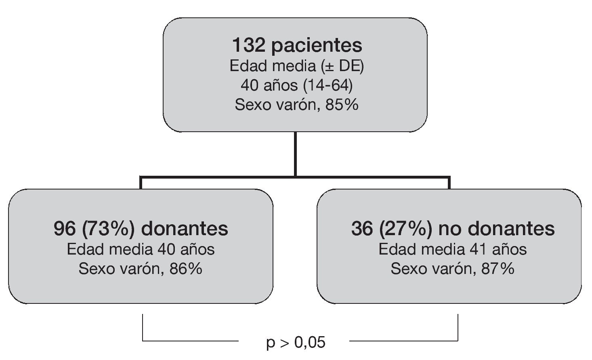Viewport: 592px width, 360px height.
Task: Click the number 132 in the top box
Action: coord(248,45)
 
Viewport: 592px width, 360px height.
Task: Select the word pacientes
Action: coord(317,45)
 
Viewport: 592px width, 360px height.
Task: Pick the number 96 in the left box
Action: coord(65,229)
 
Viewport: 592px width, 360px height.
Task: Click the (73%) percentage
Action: coord(109,229)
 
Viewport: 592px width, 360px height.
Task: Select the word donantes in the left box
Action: coord(185,229)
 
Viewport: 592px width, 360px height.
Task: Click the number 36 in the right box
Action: coord(362,229)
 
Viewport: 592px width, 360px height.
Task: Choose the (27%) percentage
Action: coord(406,229)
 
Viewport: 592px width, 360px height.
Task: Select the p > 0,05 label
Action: coord(296,343)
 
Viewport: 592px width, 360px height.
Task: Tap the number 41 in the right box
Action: coord(478,249)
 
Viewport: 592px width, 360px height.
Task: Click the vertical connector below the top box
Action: coord(296,154)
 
